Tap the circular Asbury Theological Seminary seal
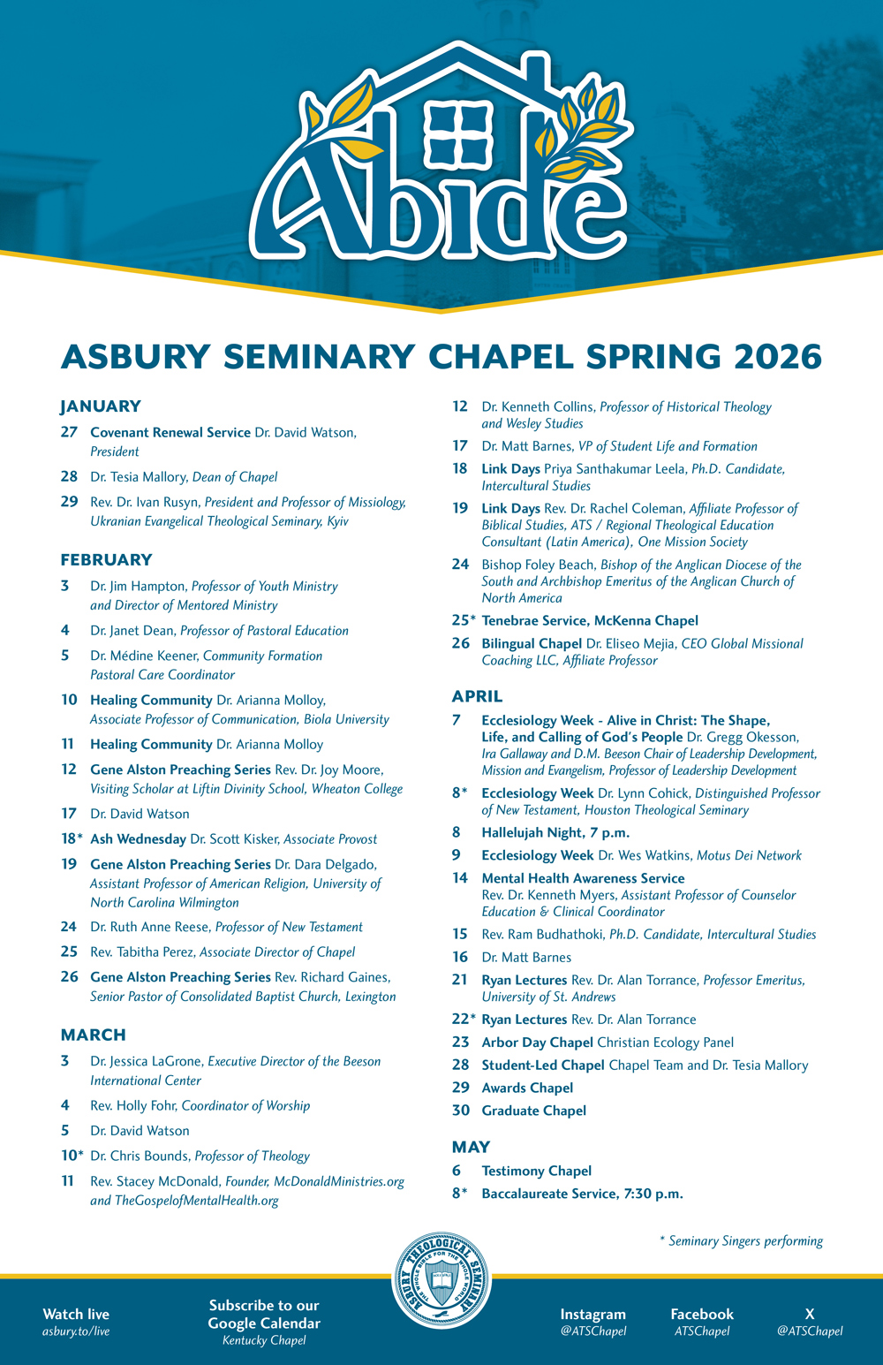tap(441, 1281)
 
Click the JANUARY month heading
tap(101, 406)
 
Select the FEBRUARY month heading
tap(106, 559)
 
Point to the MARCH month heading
tap(93, 1035)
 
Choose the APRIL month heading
tap(477, 696)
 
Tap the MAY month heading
tap(471, 1147)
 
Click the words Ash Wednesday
tap(138, 839)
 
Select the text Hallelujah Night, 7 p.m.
tap(555, 832)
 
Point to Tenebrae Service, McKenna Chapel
tap(590, 620)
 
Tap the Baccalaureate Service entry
tap(582, 1194)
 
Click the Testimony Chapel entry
tap(536, 1171)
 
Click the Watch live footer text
tap(76, 1314)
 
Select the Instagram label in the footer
tap(592, 1314)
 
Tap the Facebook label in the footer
tap(702, 1314)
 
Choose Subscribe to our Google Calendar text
tap(264, 1314)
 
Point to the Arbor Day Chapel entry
tap(537, 1043)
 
